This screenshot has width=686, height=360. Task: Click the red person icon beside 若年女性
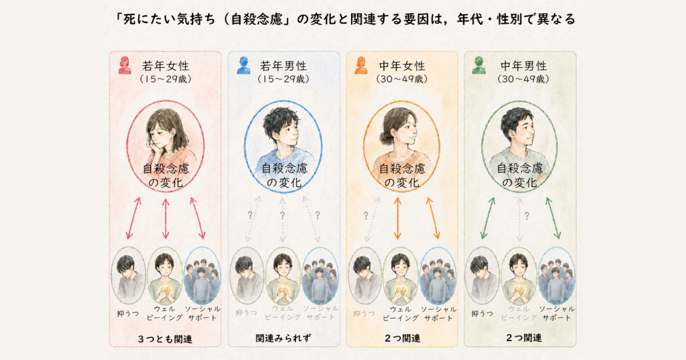tap(125, 65)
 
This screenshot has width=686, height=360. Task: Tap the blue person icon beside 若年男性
tap(244, 65)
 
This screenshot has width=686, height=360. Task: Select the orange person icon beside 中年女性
tap(361, 65)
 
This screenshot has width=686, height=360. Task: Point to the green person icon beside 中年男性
tap(479, 65)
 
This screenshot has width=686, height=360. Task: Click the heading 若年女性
tap(166, 66)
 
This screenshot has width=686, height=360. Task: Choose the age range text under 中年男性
tap(524, 79)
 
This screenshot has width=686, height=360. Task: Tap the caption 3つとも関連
tap(165, 339)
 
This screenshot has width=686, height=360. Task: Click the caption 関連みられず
tap(284, 338)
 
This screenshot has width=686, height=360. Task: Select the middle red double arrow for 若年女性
tap(165, 218)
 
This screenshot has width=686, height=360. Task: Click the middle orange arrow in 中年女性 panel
tap(397, 218)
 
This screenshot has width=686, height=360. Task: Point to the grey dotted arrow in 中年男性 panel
tap(520, 220)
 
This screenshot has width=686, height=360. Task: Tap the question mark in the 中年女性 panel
tap(366, 216)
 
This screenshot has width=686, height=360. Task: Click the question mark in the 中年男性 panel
tap(527, 216)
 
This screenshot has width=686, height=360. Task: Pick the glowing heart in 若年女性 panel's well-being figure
tap(166, 290)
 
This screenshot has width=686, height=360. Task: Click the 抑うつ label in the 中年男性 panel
tap(482, 314)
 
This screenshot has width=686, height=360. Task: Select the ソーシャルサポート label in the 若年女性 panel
tap(202, 313)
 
